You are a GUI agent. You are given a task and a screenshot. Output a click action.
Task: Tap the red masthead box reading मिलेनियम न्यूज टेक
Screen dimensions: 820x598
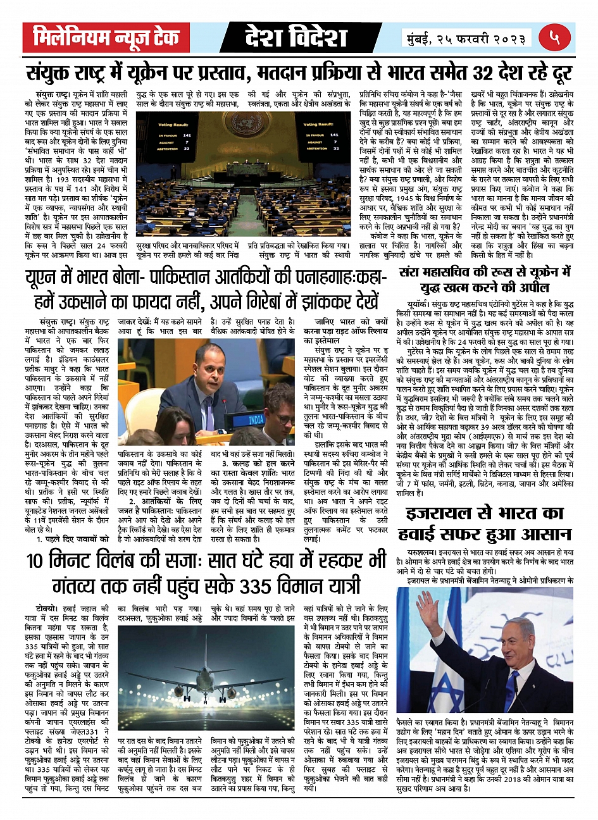pyautogui.click(x=106, y=38)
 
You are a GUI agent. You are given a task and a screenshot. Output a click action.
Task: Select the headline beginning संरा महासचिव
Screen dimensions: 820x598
pyautogui.click(x=485, y=280)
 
